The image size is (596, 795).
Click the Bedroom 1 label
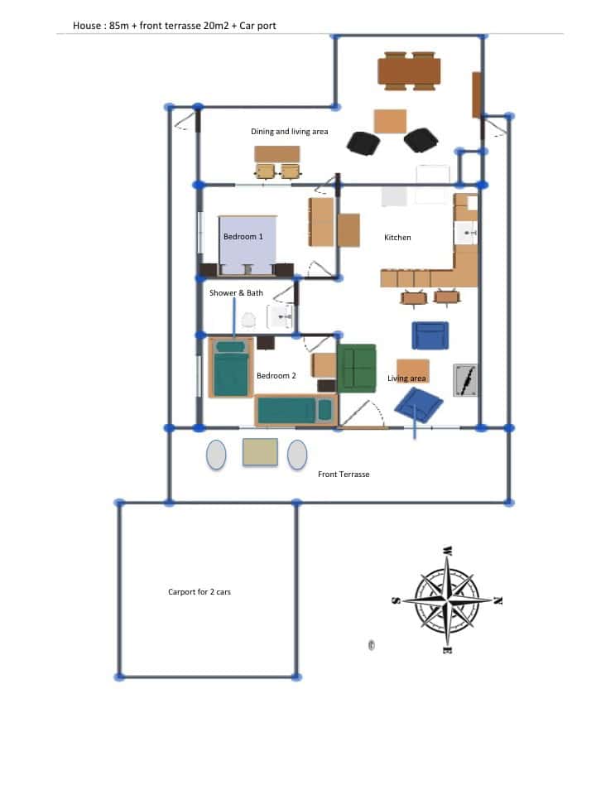tap(243, 237)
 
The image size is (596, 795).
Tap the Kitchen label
tap(397, 238)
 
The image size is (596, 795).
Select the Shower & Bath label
tap(236, 293)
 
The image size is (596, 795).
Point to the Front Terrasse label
tap(344, 475)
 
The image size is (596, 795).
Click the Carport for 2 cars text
tap(199, 591)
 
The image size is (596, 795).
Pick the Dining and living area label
tap(290, 132)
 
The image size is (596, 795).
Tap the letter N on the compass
tap(497, 601)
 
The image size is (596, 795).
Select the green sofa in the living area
tap(357, 369)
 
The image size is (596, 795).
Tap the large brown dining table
tap(409, 71)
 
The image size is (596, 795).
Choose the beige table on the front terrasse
tap(260, 452)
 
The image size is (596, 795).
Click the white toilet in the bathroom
tap(248, 320)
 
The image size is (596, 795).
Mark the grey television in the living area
tap(464, 380)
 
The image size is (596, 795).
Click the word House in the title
tap(87, 26)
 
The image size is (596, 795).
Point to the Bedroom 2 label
tap(276, 376)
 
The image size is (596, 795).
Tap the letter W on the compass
tap(447, 551)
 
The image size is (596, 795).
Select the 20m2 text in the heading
tap(216, 26)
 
